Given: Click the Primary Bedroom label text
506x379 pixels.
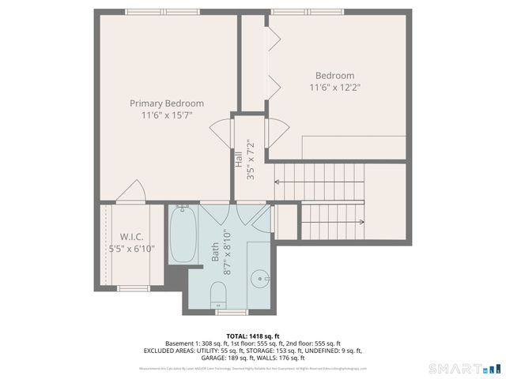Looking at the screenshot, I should (167, 103).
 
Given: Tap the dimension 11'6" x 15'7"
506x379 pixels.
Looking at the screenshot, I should (167, 115).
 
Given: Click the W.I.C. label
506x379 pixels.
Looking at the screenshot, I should (131, 237).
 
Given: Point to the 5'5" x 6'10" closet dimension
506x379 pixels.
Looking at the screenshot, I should (131, 249).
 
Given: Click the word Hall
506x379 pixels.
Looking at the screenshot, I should (238, 159).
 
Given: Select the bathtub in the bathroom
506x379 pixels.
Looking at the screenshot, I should (183, 235).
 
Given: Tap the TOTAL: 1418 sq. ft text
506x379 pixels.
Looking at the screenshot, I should (253, 336).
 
